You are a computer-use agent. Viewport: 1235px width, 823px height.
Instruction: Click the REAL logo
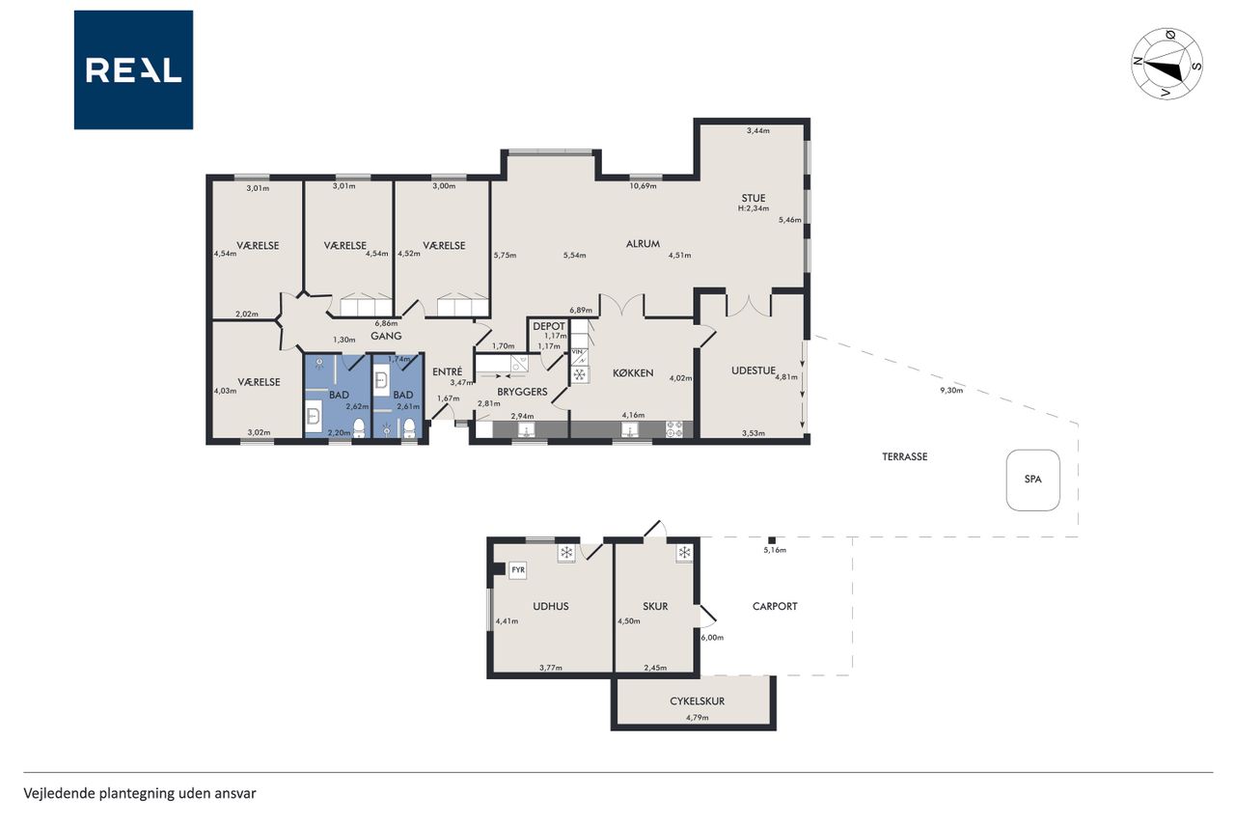pos(133,70)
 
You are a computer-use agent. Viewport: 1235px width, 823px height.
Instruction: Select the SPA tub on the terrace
pos(1032,480)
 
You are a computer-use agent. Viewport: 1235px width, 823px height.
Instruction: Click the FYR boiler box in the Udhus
pos(518,570)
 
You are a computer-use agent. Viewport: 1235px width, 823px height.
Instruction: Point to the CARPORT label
pos(775,606)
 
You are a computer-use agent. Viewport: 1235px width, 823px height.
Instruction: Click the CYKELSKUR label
pos(697,701)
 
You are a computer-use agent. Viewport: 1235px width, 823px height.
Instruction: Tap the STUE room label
pos(754,198)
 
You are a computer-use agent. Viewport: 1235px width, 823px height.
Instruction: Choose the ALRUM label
pos(643,244)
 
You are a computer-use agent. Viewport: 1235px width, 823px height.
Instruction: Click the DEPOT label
pos(549,326)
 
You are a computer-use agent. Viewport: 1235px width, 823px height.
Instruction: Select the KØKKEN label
pos(633,373)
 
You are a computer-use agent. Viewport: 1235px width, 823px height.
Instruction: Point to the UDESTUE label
pos(754,370)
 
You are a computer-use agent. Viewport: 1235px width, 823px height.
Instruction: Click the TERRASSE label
pos(905,456)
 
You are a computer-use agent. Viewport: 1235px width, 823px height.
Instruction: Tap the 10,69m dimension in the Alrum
pos(643,186)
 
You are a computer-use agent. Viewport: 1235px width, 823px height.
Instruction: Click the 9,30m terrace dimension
pos(951,391)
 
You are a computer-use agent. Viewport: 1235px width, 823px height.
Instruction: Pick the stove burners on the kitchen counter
pos(674,428)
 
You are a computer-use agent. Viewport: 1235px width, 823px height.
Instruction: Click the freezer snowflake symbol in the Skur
pos(684,553)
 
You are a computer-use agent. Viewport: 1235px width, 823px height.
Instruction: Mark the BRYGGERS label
pos(522,392)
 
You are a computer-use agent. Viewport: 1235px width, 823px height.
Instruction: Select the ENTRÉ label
pos(447,371)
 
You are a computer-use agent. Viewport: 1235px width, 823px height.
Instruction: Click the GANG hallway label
pos(386,336)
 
